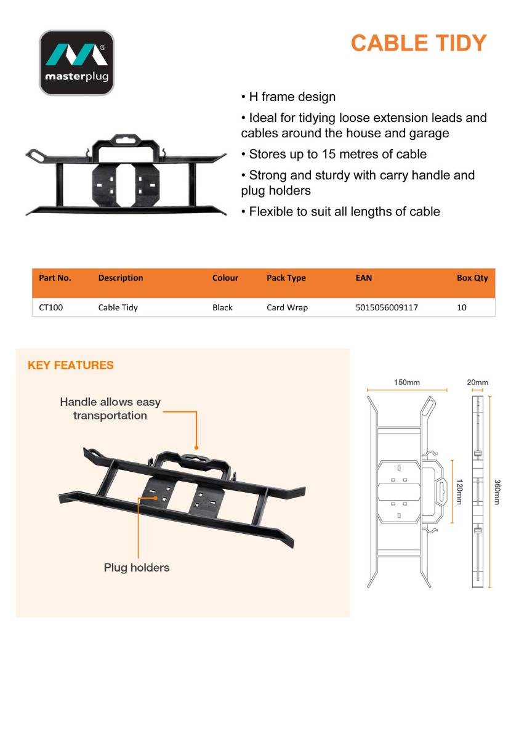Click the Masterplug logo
click(77, 63)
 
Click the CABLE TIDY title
click(419, 43)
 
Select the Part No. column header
click(55, 278)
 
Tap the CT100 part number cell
click(50, 307)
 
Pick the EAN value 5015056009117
click(387, 307)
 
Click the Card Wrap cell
click(287, 307)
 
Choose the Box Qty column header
click(472, 278)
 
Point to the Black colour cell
click(222, 307)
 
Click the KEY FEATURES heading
click(71, 365)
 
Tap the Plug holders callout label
click(137, 567)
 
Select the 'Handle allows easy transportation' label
click(110, 409)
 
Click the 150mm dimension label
click(407, 382)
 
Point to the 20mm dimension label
click(478, 382)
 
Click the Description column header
click(121, 278)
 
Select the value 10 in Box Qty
click(462, 307)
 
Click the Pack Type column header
click(286, 278)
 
